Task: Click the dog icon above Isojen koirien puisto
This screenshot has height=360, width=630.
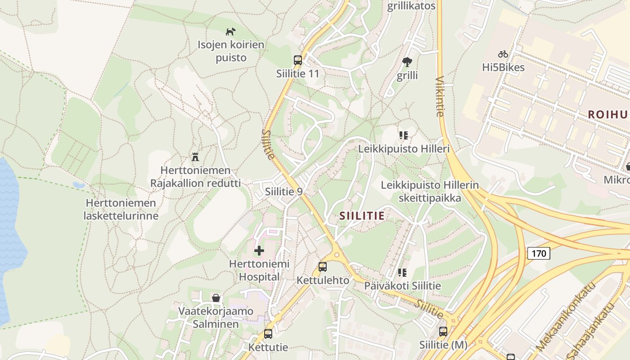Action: tap(230, 31)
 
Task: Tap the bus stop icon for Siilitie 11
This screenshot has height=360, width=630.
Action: tap(297, 60)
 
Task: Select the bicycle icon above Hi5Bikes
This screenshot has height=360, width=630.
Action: tap(503, 54)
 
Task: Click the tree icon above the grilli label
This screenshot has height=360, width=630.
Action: tap(407, 62)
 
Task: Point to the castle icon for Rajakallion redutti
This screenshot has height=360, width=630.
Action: tap(195, 157)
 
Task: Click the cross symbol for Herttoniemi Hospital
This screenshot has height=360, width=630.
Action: tap(259, 251)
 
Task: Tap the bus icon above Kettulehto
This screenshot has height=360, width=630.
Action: tap(323, 266)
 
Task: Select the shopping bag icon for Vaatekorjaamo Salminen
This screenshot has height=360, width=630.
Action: tap(216, 298)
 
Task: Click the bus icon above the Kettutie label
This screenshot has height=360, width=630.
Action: tap(268, 334)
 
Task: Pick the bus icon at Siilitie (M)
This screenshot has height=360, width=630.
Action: tap(443, 332)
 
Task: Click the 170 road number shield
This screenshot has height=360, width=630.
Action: tap(538, 253)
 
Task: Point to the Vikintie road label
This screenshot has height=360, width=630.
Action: tap(440, 96)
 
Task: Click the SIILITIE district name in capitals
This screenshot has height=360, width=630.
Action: tap(362, 216)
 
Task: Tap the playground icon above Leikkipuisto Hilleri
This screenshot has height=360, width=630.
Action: tap(403, 135)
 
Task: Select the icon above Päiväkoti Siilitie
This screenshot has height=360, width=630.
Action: tap(402, 272)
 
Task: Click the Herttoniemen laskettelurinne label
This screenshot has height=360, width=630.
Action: tap(121, 209)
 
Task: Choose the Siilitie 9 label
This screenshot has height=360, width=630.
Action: tap(283, 191)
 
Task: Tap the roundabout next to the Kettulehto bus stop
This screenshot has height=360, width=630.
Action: tap(337, 255)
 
